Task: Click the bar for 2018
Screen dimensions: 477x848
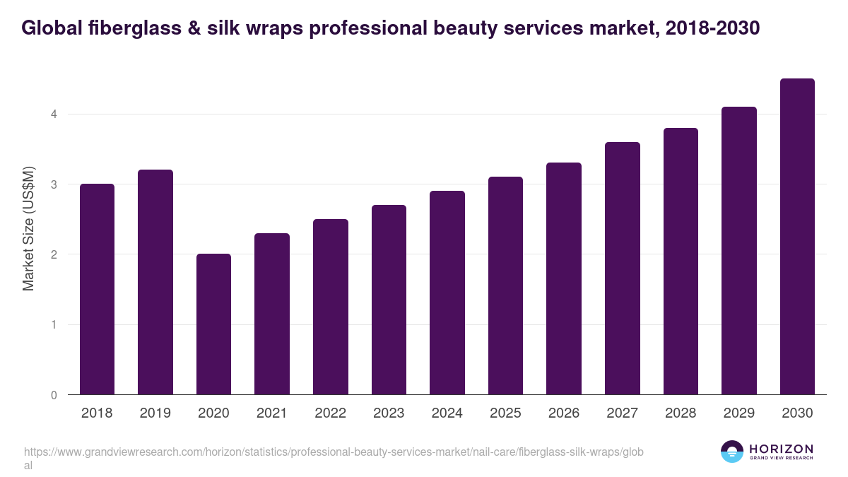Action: (x=97, y=289)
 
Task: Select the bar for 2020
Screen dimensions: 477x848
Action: (x=213, y=324)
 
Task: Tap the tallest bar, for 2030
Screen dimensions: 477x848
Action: (x=797, y=237)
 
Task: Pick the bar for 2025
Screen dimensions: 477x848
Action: (x=505, y=285)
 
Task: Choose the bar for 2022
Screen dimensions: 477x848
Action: (x=331, y=307)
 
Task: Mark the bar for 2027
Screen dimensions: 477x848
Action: (x=622, y=269)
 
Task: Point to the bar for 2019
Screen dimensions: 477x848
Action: (x=155, y=282)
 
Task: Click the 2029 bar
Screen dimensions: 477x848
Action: (x=739, y=251)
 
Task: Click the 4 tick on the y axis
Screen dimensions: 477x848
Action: (x=53, y=114)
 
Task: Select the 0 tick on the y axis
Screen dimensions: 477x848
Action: (x=53, y=395)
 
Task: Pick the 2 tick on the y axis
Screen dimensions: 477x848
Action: (x=53, y=254)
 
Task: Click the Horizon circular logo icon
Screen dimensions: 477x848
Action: (x=732, y=452)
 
